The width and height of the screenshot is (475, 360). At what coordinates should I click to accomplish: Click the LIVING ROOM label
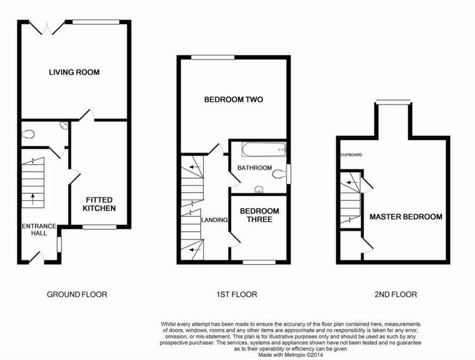[x=74, y=72]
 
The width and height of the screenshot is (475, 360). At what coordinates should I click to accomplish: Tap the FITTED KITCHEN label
[x=99, y=204]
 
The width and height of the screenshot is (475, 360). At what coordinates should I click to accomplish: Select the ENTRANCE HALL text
[x=39, y=229]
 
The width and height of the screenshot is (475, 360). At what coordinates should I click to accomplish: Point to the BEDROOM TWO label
[x=234, y=100]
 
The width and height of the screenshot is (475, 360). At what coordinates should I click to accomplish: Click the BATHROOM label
[x=255, y=168]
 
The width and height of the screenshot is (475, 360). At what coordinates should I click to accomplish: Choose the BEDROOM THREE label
[x=259, y=215]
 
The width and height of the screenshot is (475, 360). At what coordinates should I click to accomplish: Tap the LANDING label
[x=215, y=220]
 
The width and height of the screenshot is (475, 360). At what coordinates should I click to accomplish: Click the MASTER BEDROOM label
[x=405, y=217]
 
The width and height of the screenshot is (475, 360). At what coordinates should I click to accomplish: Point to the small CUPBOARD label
[x=351, y=155]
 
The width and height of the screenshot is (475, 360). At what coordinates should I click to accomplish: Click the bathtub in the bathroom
[x=264, y=150]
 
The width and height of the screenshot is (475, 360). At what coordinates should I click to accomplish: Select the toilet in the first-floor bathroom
[x=279, y=174]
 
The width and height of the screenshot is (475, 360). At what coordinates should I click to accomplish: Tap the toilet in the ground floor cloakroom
[x=28, y=134]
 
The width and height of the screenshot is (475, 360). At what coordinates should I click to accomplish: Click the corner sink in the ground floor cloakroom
[x=64, y=125]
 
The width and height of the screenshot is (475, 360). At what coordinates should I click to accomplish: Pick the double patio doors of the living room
[x=47, y=28]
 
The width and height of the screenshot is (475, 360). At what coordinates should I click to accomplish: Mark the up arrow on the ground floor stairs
[x=32, y=199]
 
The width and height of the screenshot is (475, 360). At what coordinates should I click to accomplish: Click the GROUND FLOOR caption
[x=77, y=295]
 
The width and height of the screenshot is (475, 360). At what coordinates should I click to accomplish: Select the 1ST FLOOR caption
[x=237, y=295]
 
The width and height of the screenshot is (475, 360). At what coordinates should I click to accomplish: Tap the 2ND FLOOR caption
[x=396, y=295]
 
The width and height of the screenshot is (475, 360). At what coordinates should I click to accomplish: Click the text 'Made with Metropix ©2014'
[x=291, y=354]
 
